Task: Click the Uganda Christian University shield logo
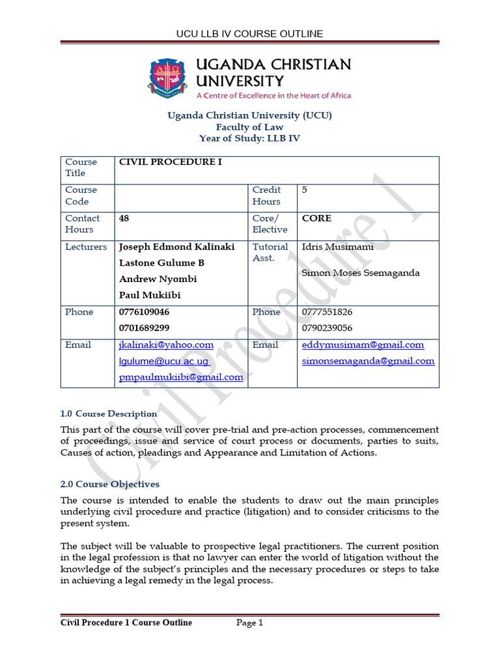click(x=171, y=78)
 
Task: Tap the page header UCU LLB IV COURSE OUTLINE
click(x=249, y=34)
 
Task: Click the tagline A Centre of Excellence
click(x=273, y=96)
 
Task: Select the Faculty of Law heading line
click(x=250, y=127)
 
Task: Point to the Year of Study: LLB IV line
click(x=250, y=139)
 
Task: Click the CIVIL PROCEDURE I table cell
click(x=169, y=162)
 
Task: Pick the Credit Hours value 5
click(x=305, y=190)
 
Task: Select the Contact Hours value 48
click(x=124, y=219)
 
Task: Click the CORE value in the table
click(x=316, y=219)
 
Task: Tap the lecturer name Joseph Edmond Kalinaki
click(x=176, y=247)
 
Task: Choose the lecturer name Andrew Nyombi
click(x=158, y=279)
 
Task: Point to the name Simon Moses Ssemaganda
click(x=361, y=273)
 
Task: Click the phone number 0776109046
click(x=144, y=312)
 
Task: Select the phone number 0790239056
click(x=327, y=328)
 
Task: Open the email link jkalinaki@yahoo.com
click(x=166, y=345)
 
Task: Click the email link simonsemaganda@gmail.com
click(x=368, y=361)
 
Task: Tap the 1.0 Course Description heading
click(x=109, y=414)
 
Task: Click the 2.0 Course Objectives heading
click(x=109, y=484)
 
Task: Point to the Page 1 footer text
click(x=249, y=623)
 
